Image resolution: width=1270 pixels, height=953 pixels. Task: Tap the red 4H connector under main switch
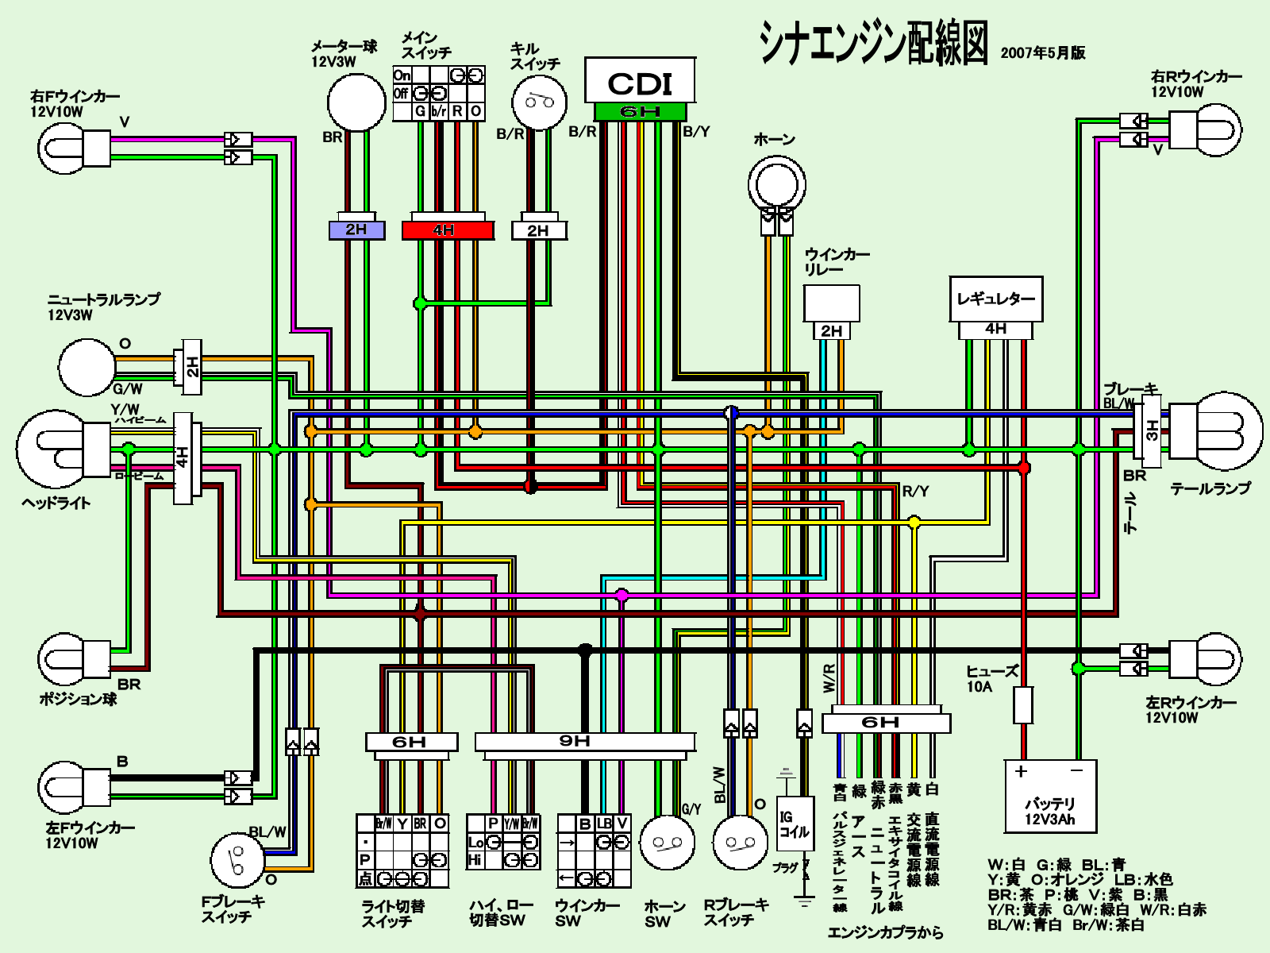coord(447,230)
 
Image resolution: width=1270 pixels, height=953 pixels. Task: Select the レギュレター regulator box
coord(995,299)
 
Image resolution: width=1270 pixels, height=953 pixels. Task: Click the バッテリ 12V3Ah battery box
coord(1049,796)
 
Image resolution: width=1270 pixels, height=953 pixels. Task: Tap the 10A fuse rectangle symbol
coord(1024,704)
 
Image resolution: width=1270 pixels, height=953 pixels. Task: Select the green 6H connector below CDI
coord(640,112)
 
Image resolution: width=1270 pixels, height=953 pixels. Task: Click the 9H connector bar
coord(585,742)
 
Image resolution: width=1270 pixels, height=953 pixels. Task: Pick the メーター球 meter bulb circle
coord(356,102)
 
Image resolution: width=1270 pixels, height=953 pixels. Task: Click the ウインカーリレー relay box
coord(831,303)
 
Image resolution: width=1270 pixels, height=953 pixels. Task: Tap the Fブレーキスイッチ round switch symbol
coord(237,860)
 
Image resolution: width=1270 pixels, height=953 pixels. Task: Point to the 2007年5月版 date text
coord(1043,53)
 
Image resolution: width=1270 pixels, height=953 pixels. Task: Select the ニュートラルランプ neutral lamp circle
coord(87,367)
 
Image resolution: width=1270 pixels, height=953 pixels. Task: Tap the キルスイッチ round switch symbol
coord(540,102)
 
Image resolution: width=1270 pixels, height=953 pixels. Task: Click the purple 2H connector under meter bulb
coord(356,230)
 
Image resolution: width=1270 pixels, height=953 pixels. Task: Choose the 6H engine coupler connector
coord(885,722)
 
